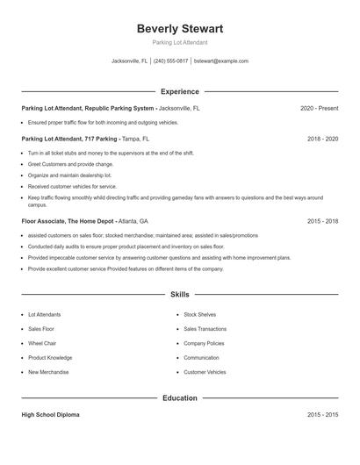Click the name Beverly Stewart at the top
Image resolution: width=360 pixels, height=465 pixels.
[x=180, y=29]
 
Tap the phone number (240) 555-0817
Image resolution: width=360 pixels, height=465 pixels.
[x=171, y=61]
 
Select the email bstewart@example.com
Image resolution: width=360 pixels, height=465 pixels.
[x=221, y=61]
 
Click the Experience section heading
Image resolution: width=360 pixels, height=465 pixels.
[x=180, y=91]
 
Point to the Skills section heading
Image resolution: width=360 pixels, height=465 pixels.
[x=180, y=296]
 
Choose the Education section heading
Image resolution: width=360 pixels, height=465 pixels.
[x=180, y=398]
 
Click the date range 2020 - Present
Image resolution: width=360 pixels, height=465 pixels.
[x=319, y=109]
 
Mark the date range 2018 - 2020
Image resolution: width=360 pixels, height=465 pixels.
[x=322, y=139]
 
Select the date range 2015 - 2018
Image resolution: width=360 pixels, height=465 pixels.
[x=322, y=221]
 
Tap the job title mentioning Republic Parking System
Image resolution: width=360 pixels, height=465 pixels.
[x=88, y=109]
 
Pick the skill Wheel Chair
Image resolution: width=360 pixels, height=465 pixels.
[x=42, y=344]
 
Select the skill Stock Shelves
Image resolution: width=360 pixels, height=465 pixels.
[x=200, y=314]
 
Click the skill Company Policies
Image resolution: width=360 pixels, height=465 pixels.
[x=204, y=344]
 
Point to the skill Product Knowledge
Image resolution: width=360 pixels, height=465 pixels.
[x=50, y=358]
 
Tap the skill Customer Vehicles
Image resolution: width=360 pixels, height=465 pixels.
[x=205, y=372]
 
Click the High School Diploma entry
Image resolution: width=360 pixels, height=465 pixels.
[x=51, y=414]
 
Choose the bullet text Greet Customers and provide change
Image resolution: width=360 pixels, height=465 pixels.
[x=70, y=164]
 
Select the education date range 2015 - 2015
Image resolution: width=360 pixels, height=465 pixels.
[x=322, y=414]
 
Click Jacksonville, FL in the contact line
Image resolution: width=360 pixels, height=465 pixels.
[x=130, y=61]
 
